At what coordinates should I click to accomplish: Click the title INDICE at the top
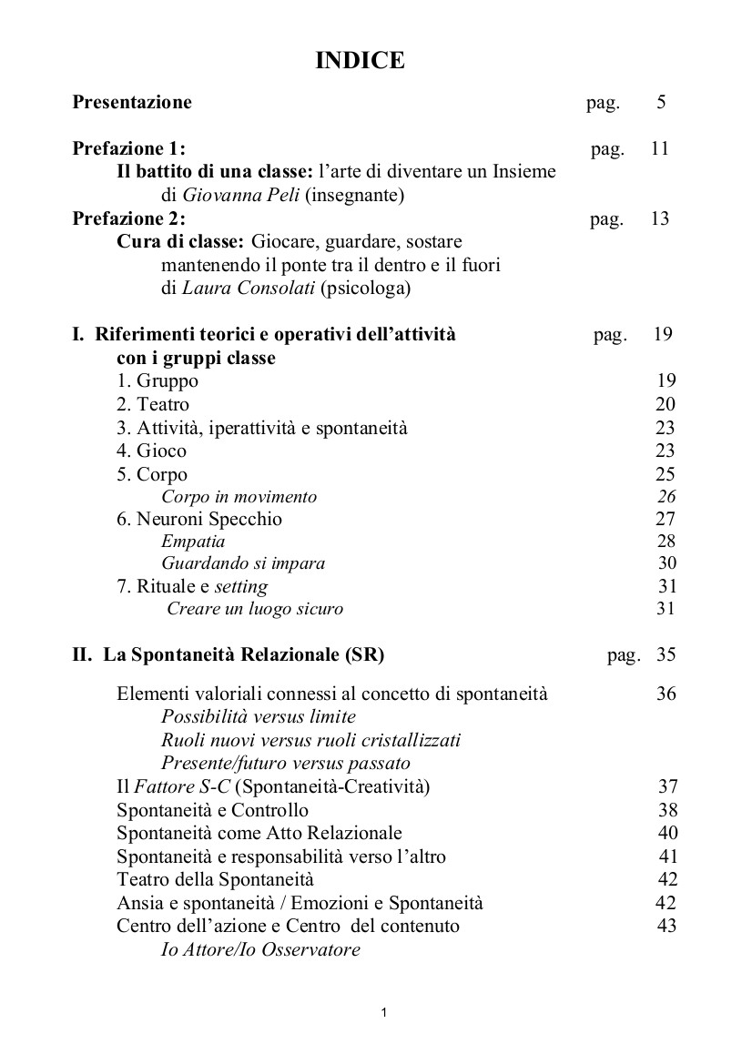360,61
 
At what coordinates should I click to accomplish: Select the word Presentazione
132,102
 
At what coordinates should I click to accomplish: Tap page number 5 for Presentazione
661,102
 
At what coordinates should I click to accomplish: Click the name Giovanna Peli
229,195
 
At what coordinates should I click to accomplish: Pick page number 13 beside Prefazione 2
660,218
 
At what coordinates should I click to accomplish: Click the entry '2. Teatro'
153,405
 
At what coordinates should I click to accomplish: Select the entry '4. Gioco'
151,451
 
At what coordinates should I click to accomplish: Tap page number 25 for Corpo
666,474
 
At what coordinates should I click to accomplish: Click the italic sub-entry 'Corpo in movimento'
239,497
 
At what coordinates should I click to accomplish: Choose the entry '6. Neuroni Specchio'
199,520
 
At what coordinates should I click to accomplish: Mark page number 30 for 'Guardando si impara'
666,563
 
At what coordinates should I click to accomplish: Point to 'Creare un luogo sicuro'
255,609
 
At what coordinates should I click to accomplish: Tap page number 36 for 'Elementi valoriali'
666,694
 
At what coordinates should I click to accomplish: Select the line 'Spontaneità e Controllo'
213,810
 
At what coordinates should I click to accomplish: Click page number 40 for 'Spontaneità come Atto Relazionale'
667,833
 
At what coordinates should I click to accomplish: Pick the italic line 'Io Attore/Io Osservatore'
260,950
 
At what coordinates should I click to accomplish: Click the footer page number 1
384,1012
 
